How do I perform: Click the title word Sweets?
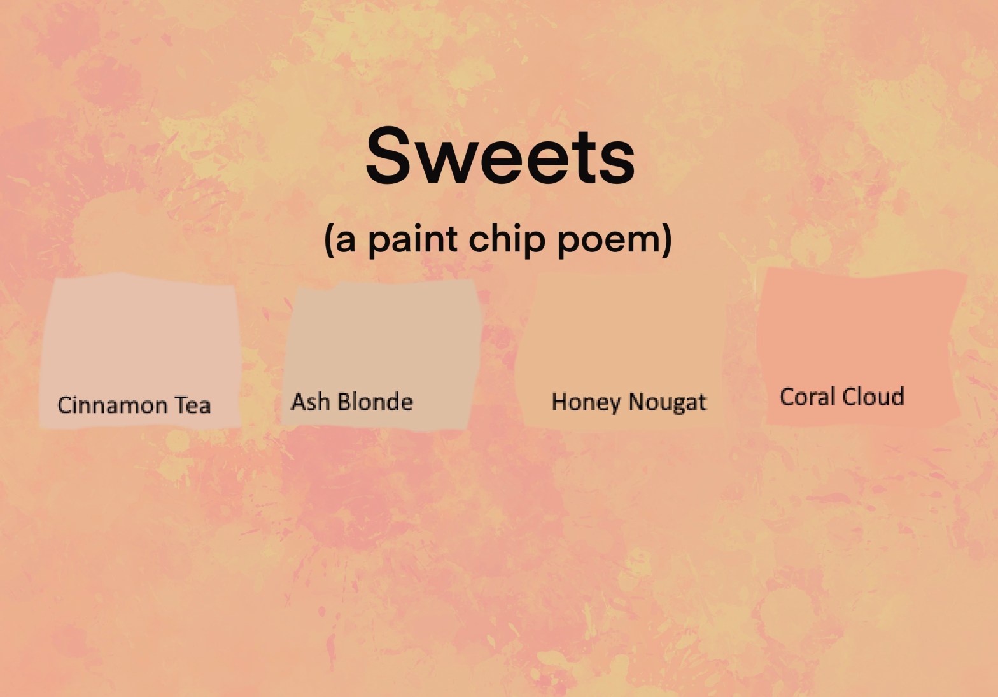point(500,155)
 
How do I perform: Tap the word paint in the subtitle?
point(413,240)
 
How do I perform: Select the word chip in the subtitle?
point(507,240)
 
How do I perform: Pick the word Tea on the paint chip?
point(192,405)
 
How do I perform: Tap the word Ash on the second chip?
point(311,402)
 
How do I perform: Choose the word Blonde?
point(375,402)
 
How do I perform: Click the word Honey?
point(586,402)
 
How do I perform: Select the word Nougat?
point(668,402)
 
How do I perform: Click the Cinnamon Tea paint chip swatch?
point(140,352)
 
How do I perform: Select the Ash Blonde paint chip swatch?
point(381,355)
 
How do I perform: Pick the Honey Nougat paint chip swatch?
point(621,352)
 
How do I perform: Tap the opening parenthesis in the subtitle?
point(329,240)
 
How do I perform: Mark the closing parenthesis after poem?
point(667,240)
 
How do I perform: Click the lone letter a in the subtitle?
point(346,241)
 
